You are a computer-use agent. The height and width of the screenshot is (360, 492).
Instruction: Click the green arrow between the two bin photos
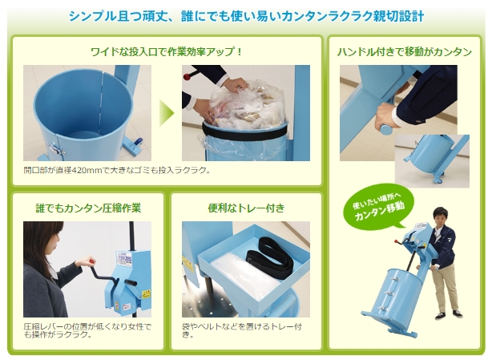point(166,113)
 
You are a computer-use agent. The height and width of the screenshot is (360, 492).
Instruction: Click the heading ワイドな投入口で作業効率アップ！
point(167,51)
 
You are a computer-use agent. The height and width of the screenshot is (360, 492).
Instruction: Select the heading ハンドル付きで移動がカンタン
point(405,51)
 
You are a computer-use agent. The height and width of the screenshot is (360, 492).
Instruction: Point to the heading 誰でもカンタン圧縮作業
point(88,208)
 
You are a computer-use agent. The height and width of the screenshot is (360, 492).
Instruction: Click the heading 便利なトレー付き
point(246,208)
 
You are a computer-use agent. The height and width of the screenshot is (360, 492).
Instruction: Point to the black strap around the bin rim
point(244,131)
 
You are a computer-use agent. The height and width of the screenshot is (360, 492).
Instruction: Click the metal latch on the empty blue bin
point(56,148)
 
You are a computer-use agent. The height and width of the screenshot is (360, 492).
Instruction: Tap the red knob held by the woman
point(92,261)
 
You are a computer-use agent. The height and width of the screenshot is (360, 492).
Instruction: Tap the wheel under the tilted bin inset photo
point(438,180)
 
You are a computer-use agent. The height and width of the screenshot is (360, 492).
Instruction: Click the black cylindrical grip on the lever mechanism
point(131,282)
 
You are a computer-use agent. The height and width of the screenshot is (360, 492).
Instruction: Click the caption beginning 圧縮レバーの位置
point(87,330)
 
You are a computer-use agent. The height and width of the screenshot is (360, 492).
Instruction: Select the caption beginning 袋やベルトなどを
point(242,330)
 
